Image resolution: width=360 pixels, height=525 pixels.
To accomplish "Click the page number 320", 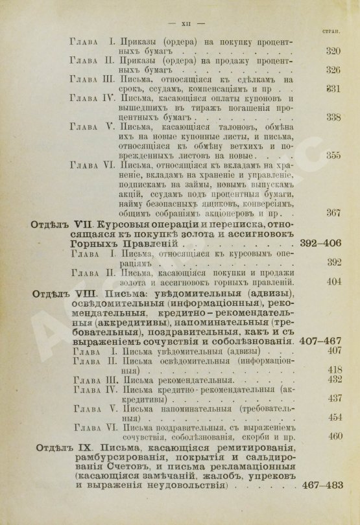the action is [x=333, y=51].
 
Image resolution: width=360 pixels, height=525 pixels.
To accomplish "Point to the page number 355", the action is [x=333, y=156].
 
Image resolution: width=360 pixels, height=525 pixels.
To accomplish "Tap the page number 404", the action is [x=333, y=282].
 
